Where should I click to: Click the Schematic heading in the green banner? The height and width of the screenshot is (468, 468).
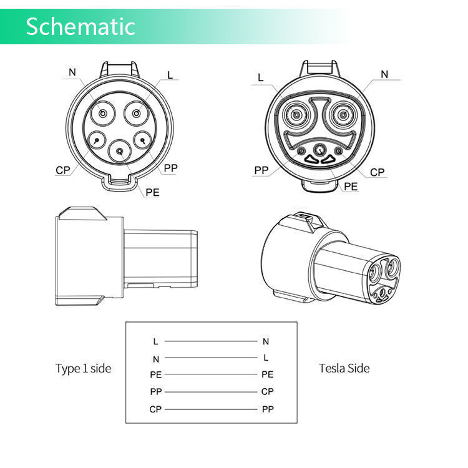pos(80,26)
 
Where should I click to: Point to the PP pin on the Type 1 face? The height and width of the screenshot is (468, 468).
pos(143,140)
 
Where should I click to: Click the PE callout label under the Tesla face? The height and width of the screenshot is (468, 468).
pos(351,186)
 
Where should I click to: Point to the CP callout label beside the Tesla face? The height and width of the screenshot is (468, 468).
pos(377,172)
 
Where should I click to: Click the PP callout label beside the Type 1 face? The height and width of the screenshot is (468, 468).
pos(171,168)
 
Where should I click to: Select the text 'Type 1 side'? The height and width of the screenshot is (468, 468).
pos(83,368)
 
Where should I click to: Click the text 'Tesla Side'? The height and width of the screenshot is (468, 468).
pos(344,368)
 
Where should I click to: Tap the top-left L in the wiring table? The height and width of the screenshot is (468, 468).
pos(155,341)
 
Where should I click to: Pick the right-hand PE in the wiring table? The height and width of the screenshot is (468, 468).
pos(267,375)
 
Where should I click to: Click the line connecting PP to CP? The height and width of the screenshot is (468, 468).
pos(211,392)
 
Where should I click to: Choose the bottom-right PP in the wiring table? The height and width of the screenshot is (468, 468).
pos(267,409)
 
